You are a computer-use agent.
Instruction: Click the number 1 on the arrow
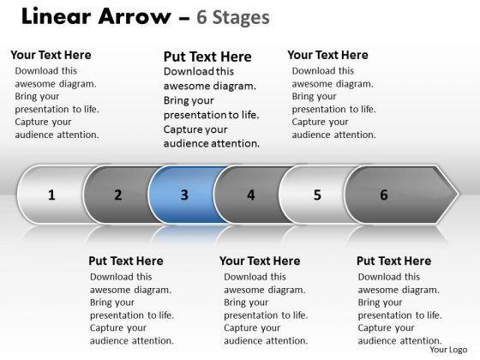click(x=51, y=195)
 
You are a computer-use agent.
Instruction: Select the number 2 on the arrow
click(x=118, y=195)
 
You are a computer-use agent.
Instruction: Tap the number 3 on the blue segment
click(x=184, y=195)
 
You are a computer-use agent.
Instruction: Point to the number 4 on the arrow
click(x=251, y=195)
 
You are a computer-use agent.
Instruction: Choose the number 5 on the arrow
click(x=317, y=195)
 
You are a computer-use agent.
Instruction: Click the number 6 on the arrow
click(x=384, y=195)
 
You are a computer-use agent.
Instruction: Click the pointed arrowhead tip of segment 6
click(x=459, y=194)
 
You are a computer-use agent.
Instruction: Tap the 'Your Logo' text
click(x=448, y=350)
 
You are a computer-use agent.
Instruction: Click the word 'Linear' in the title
click(x=57, y=16)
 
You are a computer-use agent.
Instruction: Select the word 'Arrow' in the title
click(x=135, y=16)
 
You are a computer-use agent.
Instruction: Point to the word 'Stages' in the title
click(x=241, y=17)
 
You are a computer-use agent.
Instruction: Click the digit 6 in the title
click(x=201, y=17)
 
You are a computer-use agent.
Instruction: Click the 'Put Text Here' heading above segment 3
click(x=207, y=57)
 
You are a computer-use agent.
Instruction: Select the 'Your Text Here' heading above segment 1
click(x=51, y=55)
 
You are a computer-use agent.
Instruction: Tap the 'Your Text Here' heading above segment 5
click(x=327, y=55)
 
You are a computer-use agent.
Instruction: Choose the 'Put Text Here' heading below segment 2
click(x=126, y=261)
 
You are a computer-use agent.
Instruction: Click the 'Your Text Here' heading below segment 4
click(x=260, y=261)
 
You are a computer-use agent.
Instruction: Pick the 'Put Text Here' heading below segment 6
click(x=394, y=261)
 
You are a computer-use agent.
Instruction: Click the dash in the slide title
click(x=184, y=18)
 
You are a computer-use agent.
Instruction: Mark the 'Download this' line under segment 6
click(x=389, y=277)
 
